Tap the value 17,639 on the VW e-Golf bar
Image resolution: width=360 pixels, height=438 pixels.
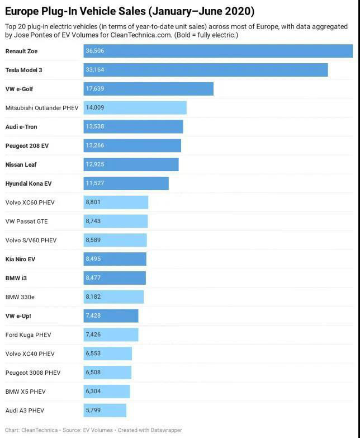pos(95,89)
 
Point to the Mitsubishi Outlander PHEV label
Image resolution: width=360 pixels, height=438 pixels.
pos(42,108)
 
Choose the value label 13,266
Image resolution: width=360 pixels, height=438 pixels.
pos(95,146)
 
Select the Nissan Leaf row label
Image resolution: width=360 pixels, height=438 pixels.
pos(21,164)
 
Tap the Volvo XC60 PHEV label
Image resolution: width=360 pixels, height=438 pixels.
pos(30,202)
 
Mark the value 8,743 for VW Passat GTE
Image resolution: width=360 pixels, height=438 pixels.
pos(93,222)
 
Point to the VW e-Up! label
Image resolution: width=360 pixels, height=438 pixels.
pos(18,316)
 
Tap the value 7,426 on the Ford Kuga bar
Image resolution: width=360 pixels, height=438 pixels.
pos(93,335)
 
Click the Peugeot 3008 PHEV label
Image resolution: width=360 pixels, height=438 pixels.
pos(33,373)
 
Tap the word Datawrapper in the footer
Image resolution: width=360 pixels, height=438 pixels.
pos(165,430)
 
